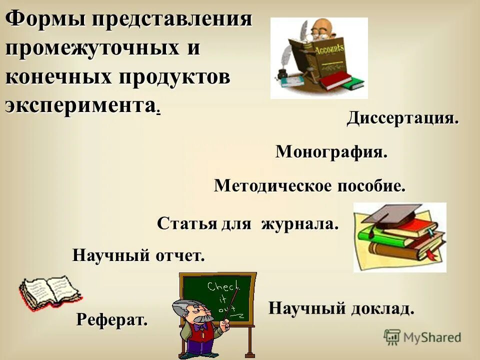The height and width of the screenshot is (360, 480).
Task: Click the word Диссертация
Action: [x=402, y=119]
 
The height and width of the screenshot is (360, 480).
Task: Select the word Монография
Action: [x=331, y=152]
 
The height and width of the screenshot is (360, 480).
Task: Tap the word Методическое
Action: [x=265, y=186]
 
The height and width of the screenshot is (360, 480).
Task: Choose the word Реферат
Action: [x=112, y=319]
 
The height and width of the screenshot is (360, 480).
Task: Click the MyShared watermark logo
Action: [x=422, y=337]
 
